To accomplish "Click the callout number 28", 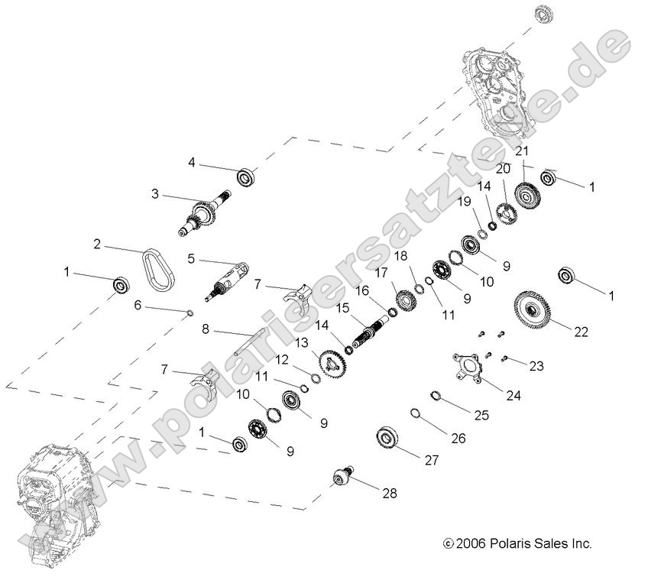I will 390,494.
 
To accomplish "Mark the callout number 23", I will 536,366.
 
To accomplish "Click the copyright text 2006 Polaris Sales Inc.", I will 517,544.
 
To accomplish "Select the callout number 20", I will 504,169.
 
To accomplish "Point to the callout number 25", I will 481,415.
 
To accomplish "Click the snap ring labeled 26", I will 416,413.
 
